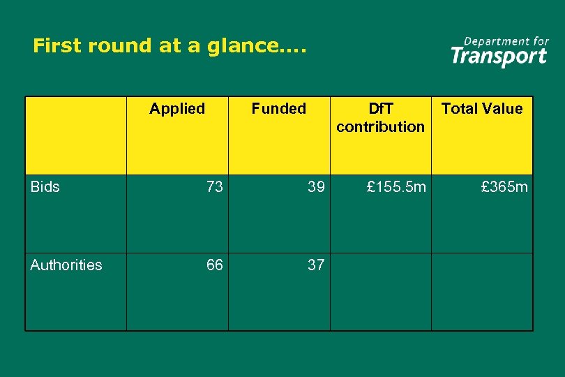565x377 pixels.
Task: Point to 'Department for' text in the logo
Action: tap(506, 41)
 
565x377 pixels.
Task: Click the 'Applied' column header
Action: tap(177, 108)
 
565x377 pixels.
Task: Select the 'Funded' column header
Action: tap(278, 108)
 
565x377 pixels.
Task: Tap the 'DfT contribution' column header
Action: tap(380, 117)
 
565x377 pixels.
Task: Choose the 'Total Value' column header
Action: tap(482, 108)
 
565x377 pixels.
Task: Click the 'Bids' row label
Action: tap(45, 186)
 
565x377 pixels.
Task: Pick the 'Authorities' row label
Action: tap(66, 265)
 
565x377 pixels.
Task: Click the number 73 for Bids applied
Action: tap(214, 186)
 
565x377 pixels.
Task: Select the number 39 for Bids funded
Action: tap(316, 186)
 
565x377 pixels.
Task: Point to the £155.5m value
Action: tap(396, 186)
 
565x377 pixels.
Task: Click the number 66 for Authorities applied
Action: tap(214, 265)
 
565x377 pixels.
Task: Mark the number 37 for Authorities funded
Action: tap(316, 265)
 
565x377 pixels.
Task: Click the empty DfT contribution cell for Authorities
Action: tap(380, 291)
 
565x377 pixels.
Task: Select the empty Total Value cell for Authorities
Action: tap(482, 291)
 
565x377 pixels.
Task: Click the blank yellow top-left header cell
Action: tap(76, 135)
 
